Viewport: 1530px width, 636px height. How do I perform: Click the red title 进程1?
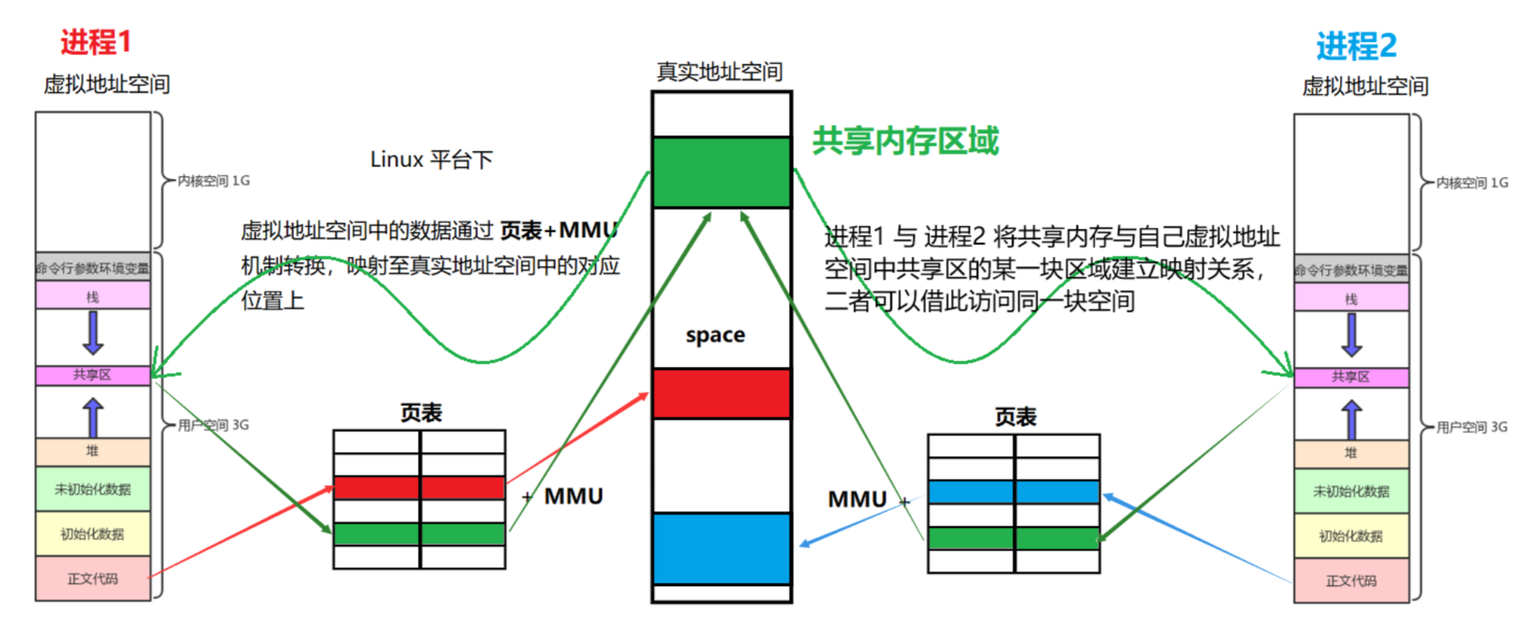point(96,42)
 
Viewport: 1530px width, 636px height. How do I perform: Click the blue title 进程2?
point(1356,46)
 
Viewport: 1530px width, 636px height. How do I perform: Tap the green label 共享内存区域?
point(905,141)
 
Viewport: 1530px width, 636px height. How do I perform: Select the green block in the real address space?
point(721,172)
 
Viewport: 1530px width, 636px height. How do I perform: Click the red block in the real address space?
point(721,394)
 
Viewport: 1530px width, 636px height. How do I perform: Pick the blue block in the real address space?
point(721,549)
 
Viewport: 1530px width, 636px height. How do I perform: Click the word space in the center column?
point(715,335)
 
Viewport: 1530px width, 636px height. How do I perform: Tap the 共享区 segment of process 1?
point(93,375)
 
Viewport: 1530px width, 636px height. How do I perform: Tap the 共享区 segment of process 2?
point(1351,377)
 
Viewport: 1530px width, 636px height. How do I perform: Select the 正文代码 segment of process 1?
point(93,578)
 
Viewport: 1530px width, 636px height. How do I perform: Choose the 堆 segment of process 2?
point(1351,453)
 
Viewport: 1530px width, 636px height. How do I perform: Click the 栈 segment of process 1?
point(93,296)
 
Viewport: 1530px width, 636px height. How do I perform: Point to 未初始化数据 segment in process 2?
point(1351,491)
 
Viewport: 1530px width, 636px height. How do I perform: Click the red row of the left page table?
point(419,488)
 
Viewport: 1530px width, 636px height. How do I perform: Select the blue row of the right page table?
point(1013,492)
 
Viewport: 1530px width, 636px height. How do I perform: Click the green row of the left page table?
point(419,534)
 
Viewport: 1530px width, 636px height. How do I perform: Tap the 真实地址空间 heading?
point(719,72)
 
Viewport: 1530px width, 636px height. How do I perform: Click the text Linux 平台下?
point(431,160)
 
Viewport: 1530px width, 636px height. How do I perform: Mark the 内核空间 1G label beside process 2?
point(1472,182)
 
